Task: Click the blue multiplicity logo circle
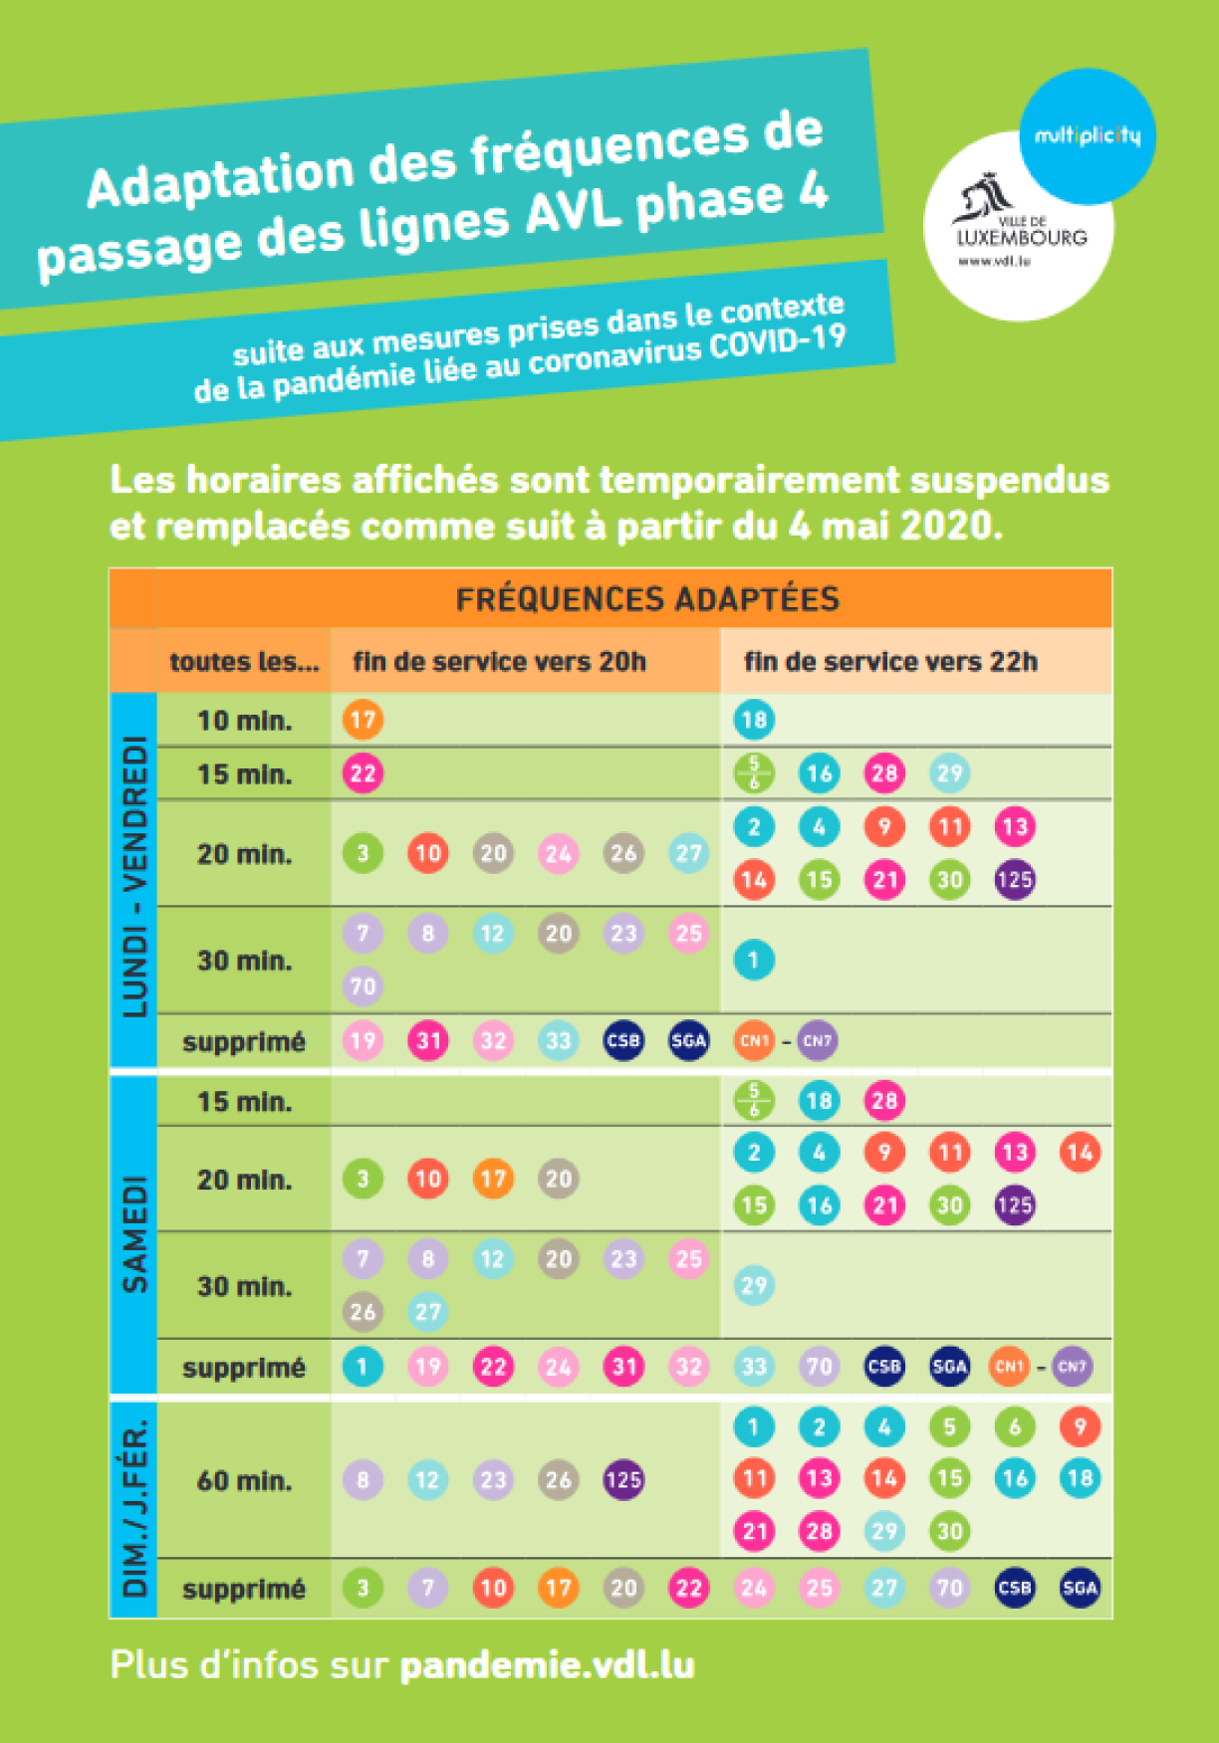pos(1088,135)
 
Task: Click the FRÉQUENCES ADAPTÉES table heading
pos(647,599)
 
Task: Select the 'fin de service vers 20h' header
pos(499,662)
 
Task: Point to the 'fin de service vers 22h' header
pos(890,662)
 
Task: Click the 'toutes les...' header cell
pos(244,662)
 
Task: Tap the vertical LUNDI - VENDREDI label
pos(134,876)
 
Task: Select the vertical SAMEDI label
pos(134,1234)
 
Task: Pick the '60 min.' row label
pos(244,1480)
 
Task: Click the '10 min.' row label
pos(244,720)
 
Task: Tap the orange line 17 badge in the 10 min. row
pos(363,720)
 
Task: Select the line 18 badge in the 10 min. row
pos(754,720)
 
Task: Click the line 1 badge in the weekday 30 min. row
pos(754,961)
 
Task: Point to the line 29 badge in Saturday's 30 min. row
pos(754,1285)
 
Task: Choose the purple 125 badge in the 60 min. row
pos(623,1480)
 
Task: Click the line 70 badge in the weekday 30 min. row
pos(363,986)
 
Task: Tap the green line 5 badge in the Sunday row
pos(949,1426)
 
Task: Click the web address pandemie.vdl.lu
pos(547,1665)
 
